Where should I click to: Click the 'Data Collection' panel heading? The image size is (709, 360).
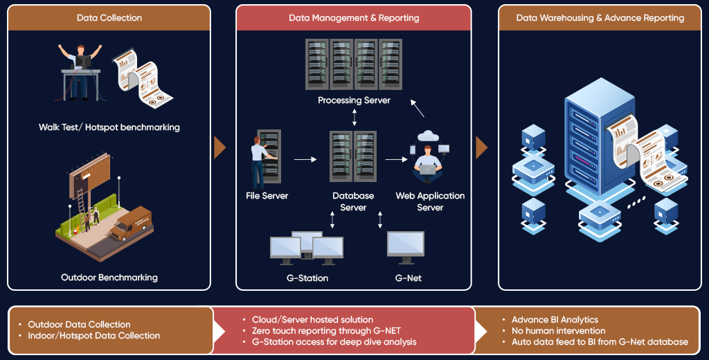click(x=109, y=18)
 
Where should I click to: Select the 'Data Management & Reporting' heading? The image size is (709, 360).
click(x=354, y=18)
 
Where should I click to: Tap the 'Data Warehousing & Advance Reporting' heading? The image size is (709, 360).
click(x=600, y=18)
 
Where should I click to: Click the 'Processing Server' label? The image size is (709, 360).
click(x=354, y=100)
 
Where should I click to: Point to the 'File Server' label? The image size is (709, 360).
click(x=267, y=196)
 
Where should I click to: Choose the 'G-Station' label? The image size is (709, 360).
click(x=307, y=278)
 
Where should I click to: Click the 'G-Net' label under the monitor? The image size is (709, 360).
click(x=409, y=278)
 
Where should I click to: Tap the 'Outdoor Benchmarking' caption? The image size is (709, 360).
click(x=109, y=277)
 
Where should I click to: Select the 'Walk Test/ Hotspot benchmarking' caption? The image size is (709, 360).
click(x=109, y=127)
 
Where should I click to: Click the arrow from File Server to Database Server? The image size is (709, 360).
click(x=305, y=159)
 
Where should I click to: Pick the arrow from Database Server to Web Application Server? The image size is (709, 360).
click(x=396, y=159)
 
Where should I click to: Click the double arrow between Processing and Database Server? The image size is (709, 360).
click(x=354, y=117)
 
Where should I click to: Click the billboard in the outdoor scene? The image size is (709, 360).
click(x=89, y=176)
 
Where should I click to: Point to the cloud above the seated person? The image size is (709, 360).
click(x=428, y=135)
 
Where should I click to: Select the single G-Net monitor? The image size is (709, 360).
click(x=406, y=247)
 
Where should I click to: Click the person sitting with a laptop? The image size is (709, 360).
click(x=428, y=164)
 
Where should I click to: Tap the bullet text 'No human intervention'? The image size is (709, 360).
click(x=559, y=331)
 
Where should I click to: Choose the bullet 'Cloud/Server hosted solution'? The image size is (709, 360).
click(x=312, y=320)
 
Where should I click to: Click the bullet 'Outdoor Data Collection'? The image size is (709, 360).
click(x=79, y=324)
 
